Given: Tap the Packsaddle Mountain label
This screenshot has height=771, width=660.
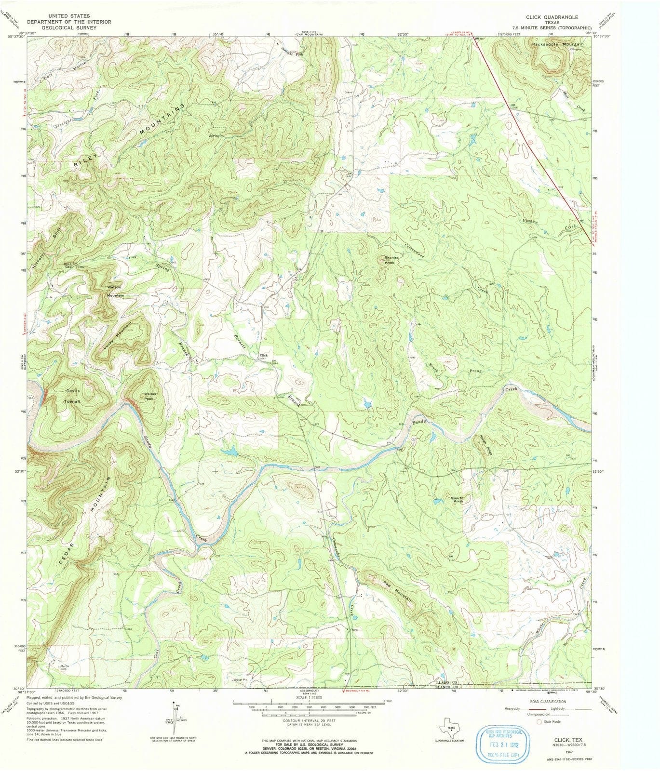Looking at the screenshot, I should click(558, 44).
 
